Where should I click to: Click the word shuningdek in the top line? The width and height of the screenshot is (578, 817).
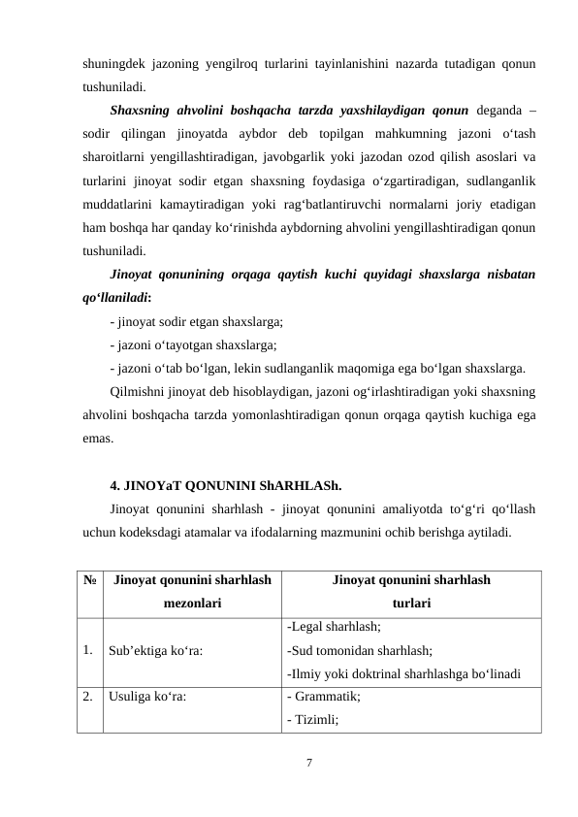pos(118,65)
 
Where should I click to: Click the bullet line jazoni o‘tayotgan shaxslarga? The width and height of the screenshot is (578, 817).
pos(194,344)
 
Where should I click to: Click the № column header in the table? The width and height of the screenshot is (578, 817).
pos(88,581)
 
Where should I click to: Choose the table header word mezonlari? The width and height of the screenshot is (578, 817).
pos(191,602)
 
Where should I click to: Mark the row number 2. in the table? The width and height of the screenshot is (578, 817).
pos(88,696)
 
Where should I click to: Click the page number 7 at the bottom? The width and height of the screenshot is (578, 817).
pos(308,763)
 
